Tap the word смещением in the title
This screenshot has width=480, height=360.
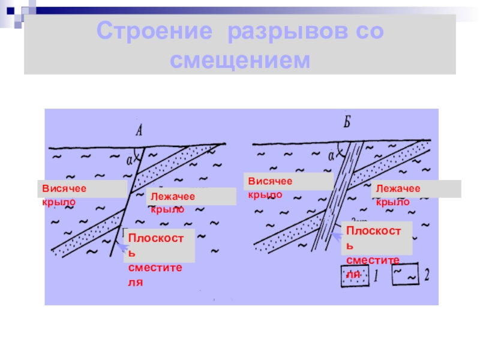click(239, 60)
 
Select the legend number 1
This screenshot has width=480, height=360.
click(375, 276)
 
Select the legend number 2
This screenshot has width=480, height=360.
click(427, 276)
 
